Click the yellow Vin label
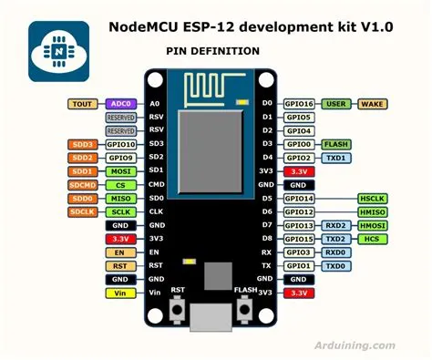pyautogui.click(x=119, y=293)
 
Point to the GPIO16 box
pyautogui.click(x=299, y=104)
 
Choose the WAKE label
pyautogui.click(x=375, y=104)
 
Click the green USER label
pyautogui.click(x=338, y=104)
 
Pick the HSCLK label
pyautogui.click(x=374, y=198)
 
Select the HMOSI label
pyautogui.click(x=374, y=225)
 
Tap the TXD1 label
pyautogui.click(x=336, y=158)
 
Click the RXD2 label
pyautogui.click(x=336, y=225)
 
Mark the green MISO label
pyautogui.click(x=119, y=198)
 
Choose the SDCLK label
pyautogui.click(x=82, y=211)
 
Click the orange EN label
pyautogui.click(x=119, y=252)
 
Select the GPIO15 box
pyautogui.click(x=299, y=238)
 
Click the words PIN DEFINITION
pyautogui.click(x=212, y=52)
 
